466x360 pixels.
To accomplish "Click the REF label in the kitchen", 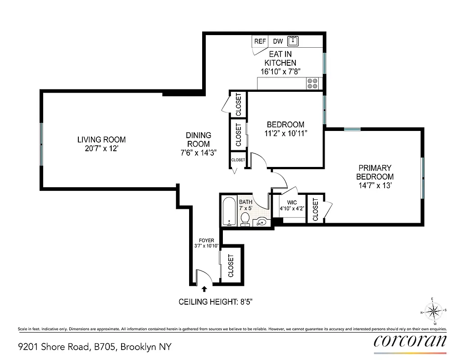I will tap(260, 41).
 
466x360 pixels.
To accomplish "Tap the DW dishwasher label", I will tap(278, 41).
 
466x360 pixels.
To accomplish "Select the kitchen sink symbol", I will tap(293, 41).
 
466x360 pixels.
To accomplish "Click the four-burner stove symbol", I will tap(312, 83).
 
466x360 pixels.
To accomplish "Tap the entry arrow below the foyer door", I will tap(204, 289).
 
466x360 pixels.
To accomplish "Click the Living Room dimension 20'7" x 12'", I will tap(101, 148).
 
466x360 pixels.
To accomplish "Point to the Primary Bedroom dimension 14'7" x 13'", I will tap(375, 185).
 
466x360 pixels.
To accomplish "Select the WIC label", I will tap(292, 202).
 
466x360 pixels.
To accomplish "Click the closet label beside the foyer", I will tap(231, 265).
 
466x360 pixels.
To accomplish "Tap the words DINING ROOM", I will tap(199, 139).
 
